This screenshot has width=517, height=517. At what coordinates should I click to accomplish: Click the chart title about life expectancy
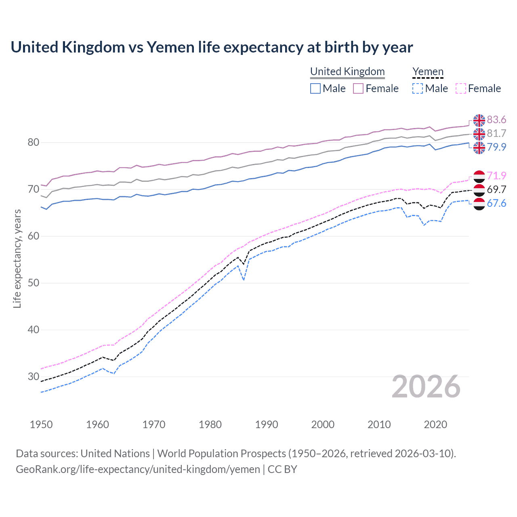(212, 47)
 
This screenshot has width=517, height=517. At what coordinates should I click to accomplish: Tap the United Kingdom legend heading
(347, 71)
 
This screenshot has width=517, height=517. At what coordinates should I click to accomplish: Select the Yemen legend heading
(428, 71)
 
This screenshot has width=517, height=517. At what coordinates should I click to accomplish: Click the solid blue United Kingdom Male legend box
(315, 88)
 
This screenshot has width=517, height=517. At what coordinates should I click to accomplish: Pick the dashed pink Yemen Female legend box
(461, 88)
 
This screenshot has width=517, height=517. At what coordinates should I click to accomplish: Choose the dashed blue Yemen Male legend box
(418, 88)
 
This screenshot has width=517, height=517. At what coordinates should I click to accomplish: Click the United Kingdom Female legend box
(358, 88)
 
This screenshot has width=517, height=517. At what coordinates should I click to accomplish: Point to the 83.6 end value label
(496, 120)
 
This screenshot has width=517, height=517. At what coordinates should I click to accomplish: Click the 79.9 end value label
(496, 147)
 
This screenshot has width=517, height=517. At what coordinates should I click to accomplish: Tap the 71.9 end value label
(496, 176)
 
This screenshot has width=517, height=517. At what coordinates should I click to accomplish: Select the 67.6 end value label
(496, 203)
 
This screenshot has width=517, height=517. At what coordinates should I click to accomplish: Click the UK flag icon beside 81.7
(479, 134)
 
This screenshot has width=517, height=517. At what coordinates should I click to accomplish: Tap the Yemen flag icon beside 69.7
(479, 190)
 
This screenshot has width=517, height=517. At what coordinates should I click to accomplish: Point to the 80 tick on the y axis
(34, 142)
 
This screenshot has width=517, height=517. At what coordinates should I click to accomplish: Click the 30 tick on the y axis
(34, 376)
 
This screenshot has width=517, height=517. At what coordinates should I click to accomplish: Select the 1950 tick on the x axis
(41, 425)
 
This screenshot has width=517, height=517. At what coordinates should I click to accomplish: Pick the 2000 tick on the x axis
(323, 425)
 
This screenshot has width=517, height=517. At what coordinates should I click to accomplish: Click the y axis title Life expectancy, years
(17, 258)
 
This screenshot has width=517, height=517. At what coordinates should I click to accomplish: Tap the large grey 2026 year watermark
(426, 387)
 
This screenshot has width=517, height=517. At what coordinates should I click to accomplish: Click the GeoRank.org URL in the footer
(138, 469)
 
